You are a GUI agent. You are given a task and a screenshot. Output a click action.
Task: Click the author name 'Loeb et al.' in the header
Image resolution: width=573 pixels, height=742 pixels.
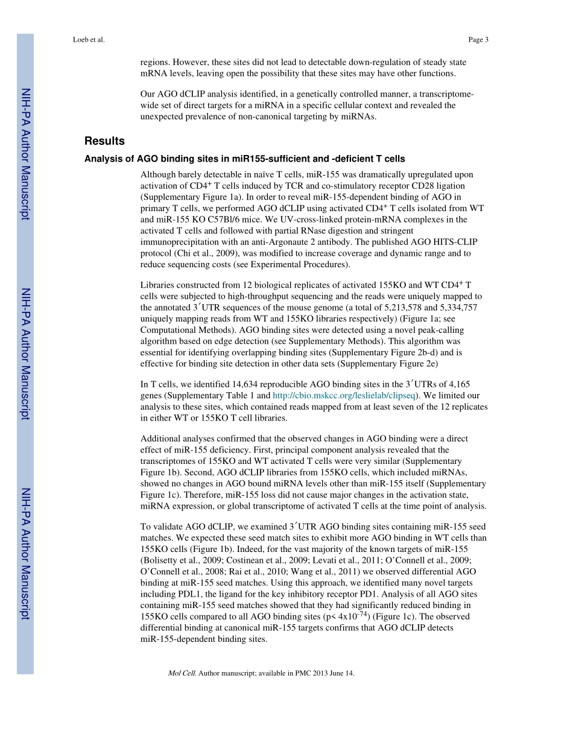click(88, 40)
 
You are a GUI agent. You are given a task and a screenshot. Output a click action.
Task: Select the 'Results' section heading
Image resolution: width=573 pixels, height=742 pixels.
click(104, 141)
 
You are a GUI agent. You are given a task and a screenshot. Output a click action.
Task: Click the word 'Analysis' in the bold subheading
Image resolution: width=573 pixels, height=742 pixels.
click(104, 159)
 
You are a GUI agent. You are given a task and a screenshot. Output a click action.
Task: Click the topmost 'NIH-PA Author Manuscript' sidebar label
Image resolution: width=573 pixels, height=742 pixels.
click(25, 154)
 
